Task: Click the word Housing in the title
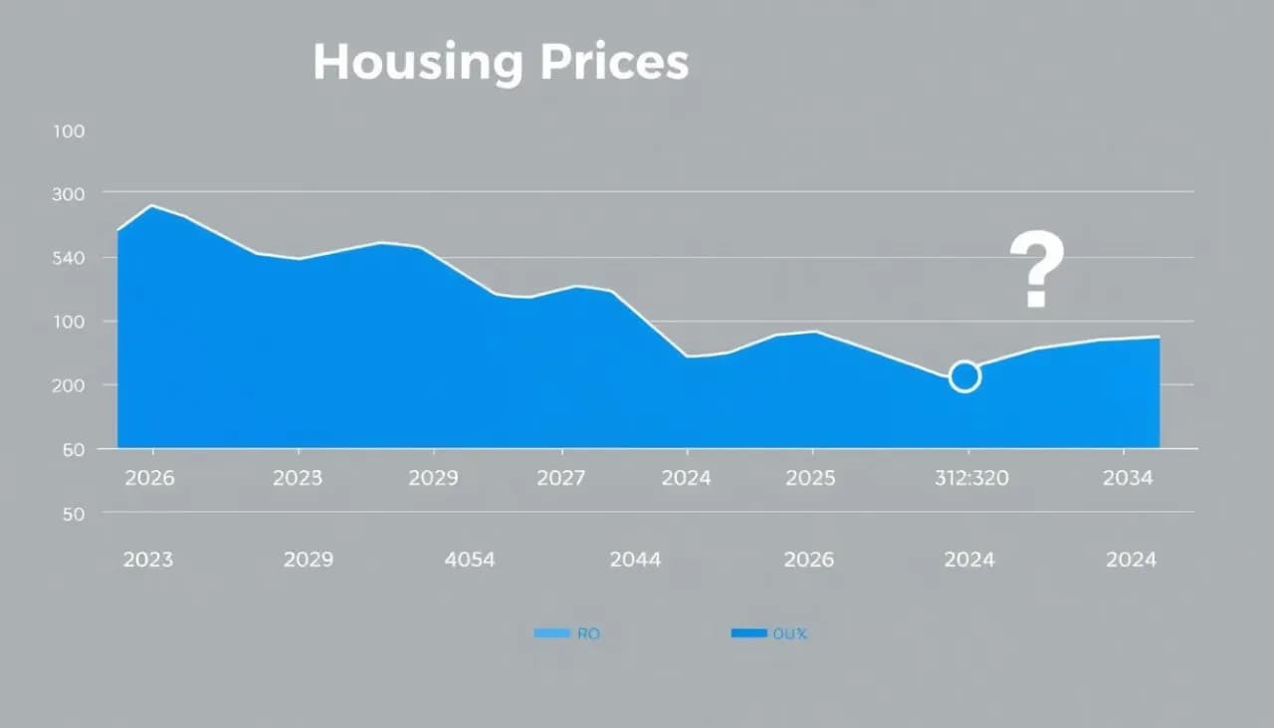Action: coord(417,63)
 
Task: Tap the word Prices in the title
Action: coord(614,63)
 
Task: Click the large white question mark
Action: coord(1036,270)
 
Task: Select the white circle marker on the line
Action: coord(964,376)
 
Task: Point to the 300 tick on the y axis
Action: coord(68,194)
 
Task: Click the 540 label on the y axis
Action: coord(68,258)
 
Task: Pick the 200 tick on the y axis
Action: coord(68,385)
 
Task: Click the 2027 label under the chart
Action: coord(560,478)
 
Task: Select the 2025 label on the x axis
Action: coord(810,478)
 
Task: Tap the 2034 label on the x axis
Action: coord(1128,478)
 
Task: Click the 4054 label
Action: coord(469,560)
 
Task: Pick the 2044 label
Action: coord(635,560)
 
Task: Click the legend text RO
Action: coord(588,633)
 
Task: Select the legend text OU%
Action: coord(789,633)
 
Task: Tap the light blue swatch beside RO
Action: coord(551,633)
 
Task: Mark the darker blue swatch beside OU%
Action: coord(748,633)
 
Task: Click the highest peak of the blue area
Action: coord(152,206)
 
